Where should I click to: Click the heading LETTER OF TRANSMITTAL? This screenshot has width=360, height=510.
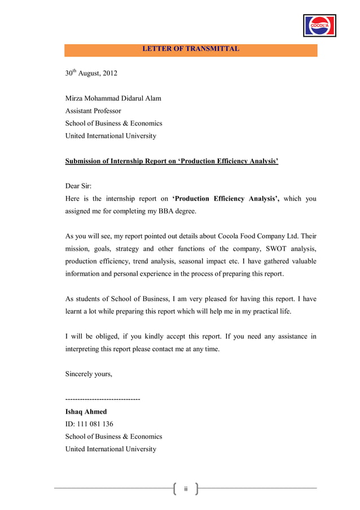coord(191,49)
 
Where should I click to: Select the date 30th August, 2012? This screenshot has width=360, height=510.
coord(91,73)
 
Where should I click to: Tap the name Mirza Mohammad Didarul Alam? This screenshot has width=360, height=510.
coord(113,98)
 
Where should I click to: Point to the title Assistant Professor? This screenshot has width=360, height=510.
coord(93,111)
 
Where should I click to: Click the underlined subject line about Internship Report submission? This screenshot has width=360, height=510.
coord(172,162)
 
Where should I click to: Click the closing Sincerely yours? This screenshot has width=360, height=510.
coord(89,374)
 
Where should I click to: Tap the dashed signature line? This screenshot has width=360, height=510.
coord(103,399)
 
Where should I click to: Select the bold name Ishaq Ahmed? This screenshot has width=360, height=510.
coord(86,412)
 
